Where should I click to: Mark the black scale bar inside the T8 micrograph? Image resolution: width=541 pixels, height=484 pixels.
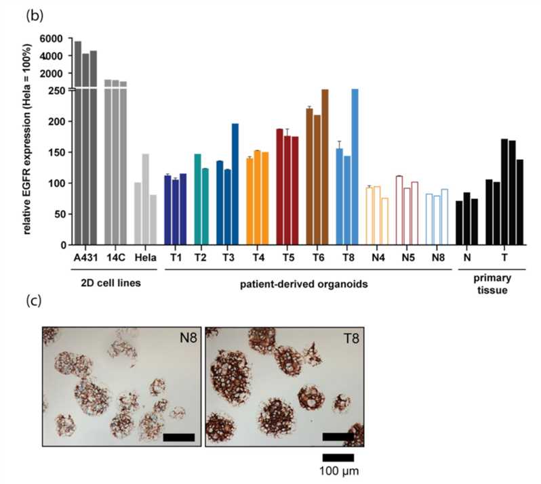coord(338,437)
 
